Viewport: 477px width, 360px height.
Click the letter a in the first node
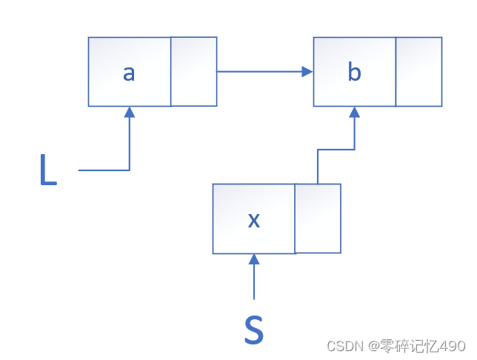(x=129, y=73)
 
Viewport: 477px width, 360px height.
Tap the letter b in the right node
(x=354, y=73)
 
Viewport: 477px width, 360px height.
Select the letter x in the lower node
(x=253, y=220)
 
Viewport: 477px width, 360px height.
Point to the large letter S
(x=254, y=330)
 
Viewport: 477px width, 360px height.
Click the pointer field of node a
(x=194, y=71)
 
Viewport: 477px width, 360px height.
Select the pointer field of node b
(x=419, y=71)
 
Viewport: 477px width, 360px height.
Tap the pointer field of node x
(x=318, y=219)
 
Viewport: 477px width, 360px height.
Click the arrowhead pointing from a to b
(x=307, y=72)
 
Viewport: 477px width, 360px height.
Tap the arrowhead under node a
(x=130, y=112)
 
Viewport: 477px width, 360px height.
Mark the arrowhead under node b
(x=355, y=112)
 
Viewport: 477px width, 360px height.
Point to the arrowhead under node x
(x=254, y=259)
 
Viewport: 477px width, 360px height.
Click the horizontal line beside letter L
(x=104, y=170)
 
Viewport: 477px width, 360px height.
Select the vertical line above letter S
(x=254, y=281)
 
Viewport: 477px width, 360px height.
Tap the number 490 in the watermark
(x=452, y=347)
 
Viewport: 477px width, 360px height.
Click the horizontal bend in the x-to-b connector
(x=336, y=150)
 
